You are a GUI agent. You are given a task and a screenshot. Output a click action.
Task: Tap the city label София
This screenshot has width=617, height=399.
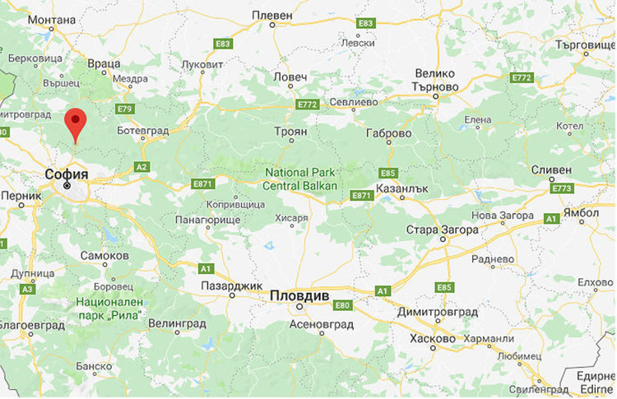coord(67,174)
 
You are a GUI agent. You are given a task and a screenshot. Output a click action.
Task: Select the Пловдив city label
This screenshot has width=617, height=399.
coord(300,295)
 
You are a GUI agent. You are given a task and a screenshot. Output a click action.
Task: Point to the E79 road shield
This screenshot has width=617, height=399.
coord(125,109)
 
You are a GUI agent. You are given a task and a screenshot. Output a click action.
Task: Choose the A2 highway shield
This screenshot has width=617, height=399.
coord(141,167)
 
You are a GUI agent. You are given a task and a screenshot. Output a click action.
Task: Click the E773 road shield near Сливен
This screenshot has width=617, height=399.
coord(562,188)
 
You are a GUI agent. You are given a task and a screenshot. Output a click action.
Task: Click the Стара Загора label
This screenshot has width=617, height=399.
coord(442,229)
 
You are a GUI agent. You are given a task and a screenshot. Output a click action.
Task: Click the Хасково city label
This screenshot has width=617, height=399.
coord(432,338)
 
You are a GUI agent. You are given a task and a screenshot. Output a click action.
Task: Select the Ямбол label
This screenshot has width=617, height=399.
coord(582,211)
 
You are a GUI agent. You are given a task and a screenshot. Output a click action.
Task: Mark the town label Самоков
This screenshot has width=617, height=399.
coord(104,256)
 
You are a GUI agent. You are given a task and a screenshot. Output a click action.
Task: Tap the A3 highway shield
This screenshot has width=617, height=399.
coord(27,289)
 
